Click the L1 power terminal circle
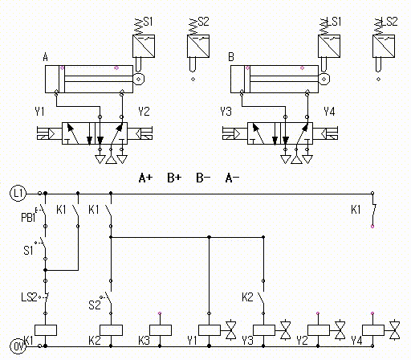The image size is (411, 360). click(x=18, y=193)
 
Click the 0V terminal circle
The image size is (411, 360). click(x=18, y=346)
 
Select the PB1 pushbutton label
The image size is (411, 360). click(x=28, y=218)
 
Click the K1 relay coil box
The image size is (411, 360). click(x=46, y=330)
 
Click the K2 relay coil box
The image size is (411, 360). click(x=111, y=330)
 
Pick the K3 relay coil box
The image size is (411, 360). click(x=161, y=330)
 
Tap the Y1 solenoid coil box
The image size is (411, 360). click(x=210, y=330)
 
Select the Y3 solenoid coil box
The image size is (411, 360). click(x=264, y=330)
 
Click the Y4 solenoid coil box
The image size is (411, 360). click(x=373, y=330)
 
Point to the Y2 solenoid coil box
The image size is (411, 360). click(x=319, y=330)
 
